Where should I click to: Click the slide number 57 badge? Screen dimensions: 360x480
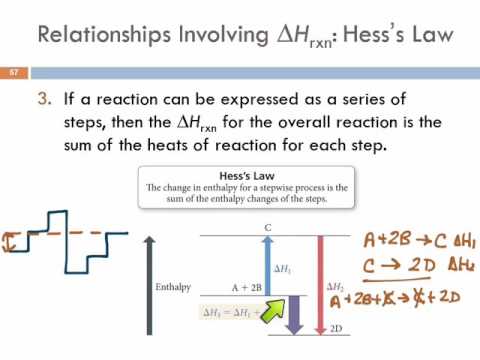click(15, 73)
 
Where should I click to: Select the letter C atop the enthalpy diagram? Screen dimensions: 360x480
click(268, 227)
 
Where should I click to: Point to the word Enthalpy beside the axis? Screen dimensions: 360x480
click(180, 286)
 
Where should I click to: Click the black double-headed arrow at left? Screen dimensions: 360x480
click(10, 241)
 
